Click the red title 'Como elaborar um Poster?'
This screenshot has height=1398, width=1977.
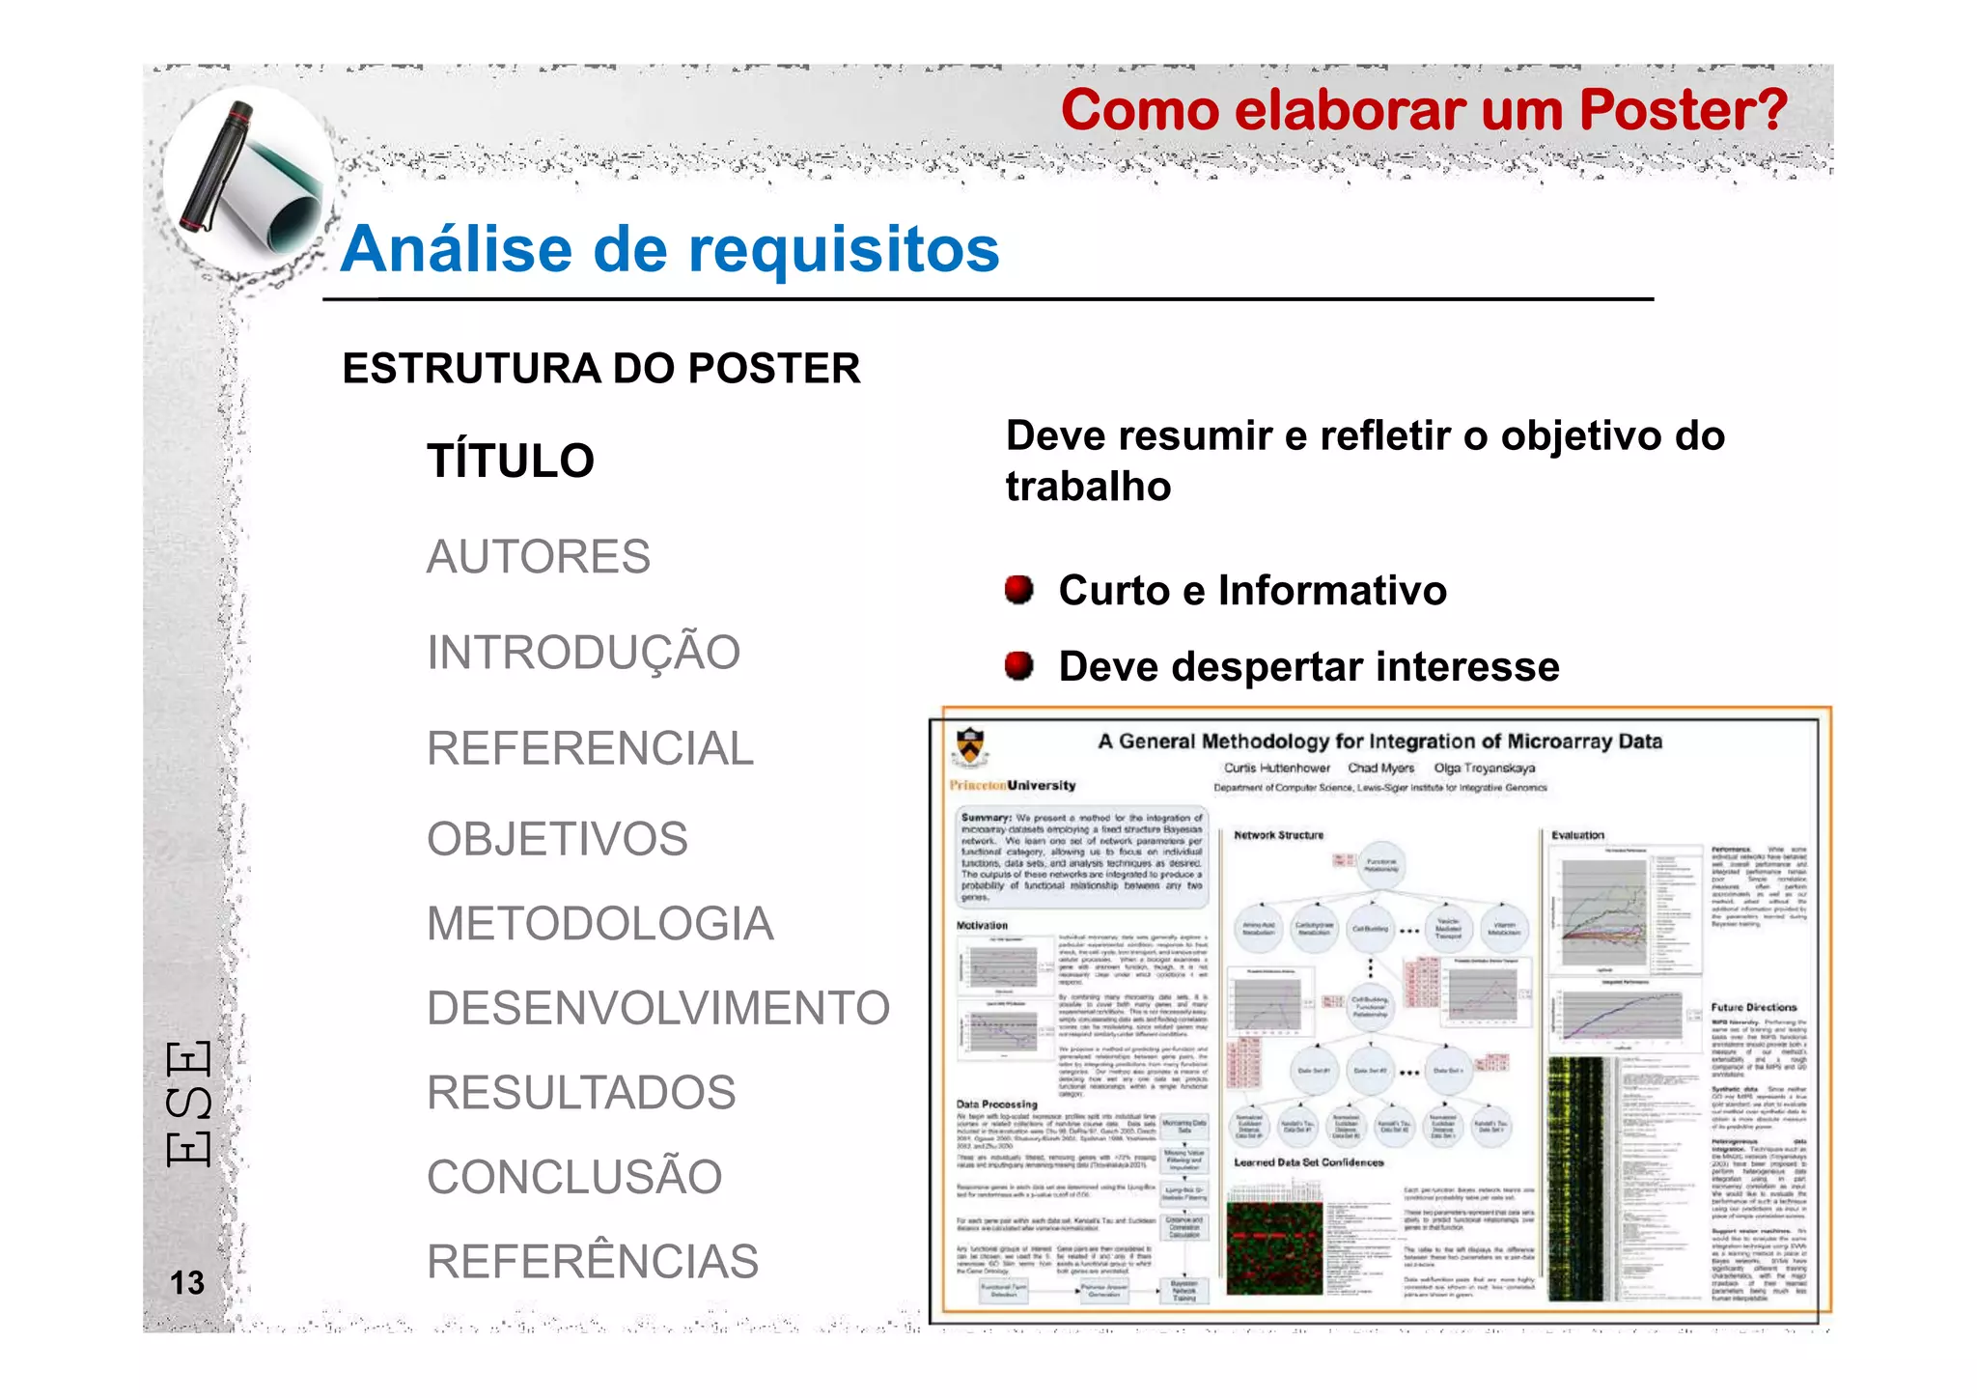click(1424, 110)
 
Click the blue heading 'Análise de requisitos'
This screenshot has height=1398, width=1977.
click(670, 249)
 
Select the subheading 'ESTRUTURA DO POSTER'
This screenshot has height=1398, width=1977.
click(600, 369)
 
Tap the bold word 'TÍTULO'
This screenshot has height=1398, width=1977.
click(511, 461)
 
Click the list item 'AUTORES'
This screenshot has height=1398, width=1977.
click(539, 557)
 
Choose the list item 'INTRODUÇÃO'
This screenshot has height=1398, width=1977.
click(583, 653)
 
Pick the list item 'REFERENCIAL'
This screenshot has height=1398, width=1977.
click(590, 748)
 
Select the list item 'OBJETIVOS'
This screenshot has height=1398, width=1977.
click(557, 839)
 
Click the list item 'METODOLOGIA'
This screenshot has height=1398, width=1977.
click(599, 924)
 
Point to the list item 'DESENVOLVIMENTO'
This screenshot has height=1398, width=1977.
click(657, 1008)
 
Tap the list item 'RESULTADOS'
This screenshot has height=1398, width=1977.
click(581, 1093)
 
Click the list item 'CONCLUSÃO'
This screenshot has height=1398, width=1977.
click(574, 1177)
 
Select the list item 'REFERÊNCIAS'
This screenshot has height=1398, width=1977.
click(593, 1262)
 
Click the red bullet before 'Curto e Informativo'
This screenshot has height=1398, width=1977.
click(1018, 589)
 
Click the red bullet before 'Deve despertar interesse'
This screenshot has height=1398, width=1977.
click(1018, 665)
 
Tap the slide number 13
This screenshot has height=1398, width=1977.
click(187, 1282)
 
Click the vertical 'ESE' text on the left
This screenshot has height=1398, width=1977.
click(188, 1104)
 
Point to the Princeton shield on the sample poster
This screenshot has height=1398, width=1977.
click(969, 747)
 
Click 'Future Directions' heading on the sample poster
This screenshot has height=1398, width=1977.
click(1753, 1007)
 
